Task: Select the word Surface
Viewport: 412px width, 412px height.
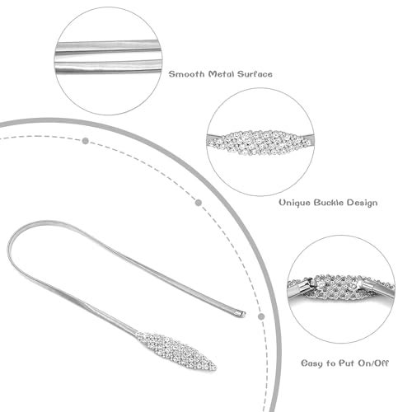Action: [x=255, y=74]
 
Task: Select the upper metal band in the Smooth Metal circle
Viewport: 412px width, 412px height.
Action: [x=107, y=46]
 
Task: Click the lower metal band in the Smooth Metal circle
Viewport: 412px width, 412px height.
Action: [x=107, y=67]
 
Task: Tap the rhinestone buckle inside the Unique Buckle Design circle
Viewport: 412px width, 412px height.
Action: [x=260, y=143]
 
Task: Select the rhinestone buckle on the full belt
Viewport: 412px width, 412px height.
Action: [x=176, y=351]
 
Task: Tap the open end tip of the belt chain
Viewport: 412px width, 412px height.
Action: [x=242, y=313]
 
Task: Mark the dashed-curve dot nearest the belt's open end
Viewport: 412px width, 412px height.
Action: [x=261, y=316]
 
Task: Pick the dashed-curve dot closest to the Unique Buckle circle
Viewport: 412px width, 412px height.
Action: [x=199, y=203]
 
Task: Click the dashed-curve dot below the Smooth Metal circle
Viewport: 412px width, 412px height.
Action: [x=86, y=141]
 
